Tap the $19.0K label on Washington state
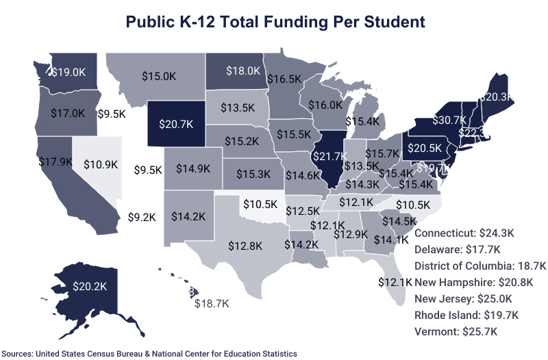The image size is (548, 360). coord(69,71)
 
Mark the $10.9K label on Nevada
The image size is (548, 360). coord(101,164)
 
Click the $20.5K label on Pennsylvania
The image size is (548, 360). coord(426,147)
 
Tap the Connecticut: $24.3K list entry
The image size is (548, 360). coord(465,233)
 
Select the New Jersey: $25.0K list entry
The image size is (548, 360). coord(463,299)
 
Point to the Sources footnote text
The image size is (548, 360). coord(150,353)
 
